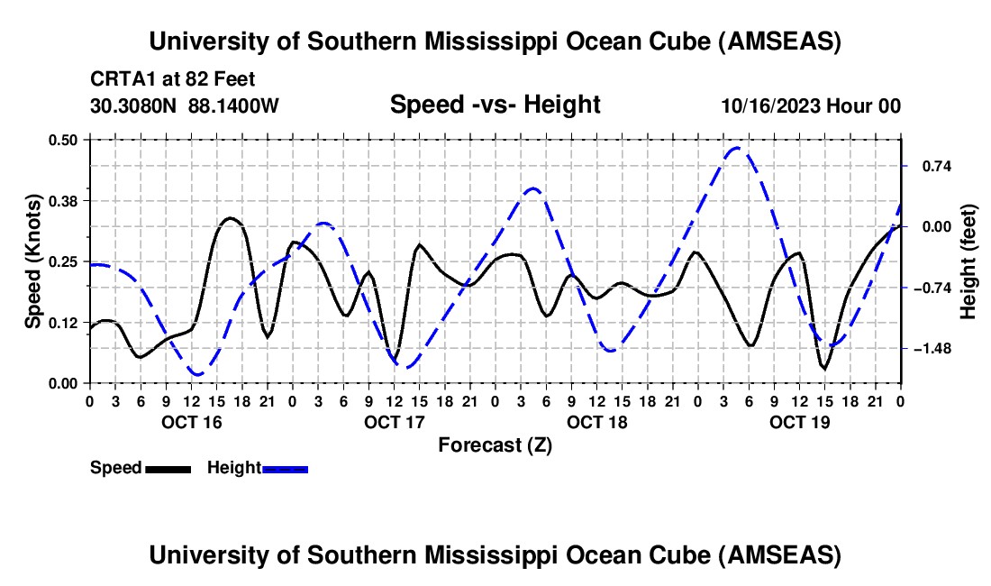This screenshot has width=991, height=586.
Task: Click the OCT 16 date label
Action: [x=191, y=422]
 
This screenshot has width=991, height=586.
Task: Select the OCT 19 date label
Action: [x=800, y=422]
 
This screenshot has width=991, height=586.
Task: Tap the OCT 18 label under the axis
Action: [x=596, y=422]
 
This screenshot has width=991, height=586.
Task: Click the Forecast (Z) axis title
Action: [x=495, y=444]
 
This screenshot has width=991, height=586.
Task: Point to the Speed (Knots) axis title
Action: [x=33, y=261]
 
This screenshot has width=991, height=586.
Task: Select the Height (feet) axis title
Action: [x=968, y=261]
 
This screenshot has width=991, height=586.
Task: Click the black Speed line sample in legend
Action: [x=168, y=468]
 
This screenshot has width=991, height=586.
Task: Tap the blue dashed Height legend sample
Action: [x=286, y=468]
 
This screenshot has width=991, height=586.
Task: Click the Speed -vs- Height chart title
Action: [x=495, y=105]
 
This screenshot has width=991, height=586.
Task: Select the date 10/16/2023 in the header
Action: [x=770, y=105]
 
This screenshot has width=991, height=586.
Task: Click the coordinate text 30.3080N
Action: [x=135, y=105]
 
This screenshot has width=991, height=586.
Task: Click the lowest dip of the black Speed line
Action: [x=823, y=368]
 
